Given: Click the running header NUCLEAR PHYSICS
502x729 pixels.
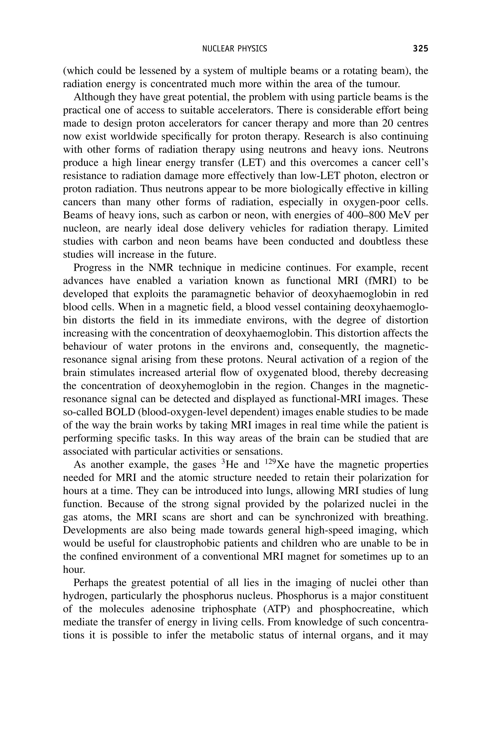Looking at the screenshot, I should coord(235,49).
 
